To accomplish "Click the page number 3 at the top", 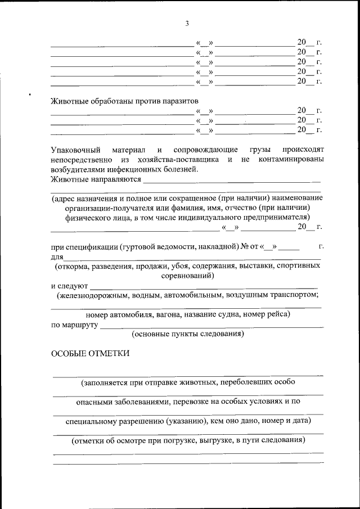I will (187, 23).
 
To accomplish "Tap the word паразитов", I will (179, 101).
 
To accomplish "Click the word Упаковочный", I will (75, 150).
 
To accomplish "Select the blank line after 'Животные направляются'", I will (231, 182).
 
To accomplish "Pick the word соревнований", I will (186, 277).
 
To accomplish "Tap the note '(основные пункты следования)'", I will (187, 334).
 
